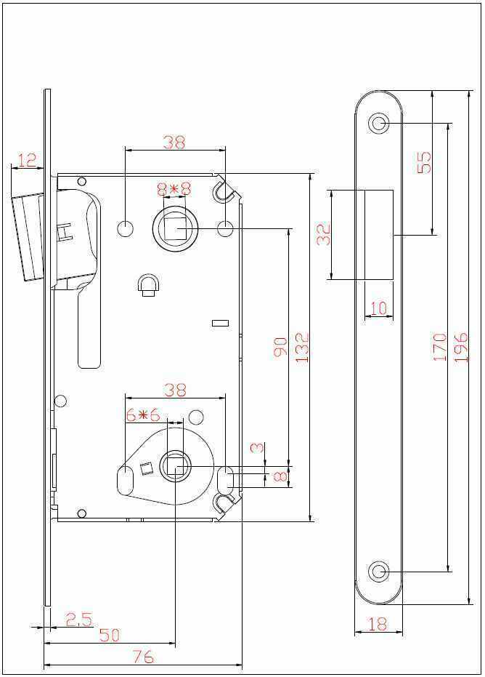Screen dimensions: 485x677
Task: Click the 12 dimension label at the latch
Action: click(x=28, y=160)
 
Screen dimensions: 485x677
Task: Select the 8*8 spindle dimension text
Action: click(x=174, y=189)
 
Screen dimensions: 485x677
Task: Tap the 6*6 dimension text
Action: click(x=143, y=415)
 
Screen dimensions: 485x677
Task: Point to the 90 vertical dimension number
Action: click(x=280, y=347)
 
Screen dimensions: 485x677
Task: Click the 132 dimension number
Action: click(x=302, y=347)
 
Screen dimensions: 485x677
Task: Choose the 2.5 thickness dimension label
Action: click(x=79, y=620)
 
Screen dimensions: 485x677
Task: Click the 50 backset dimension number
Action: click(x=110, y=635)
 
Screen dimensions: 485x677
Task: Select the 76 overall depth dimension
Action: click(x=143, y=657)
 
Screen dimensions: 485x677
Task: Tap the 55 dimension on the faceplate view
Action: click(x=425, y=162)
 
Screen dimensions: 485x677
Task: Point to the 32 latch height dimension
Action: click(x=324, y=234)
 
